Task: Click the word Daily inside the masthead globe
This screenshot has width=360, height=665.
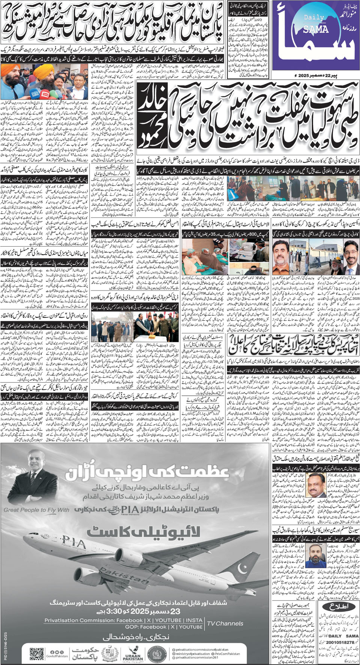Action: (x=314, y=18)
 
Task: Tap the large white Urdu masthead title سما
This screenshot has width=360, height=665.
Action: (x=319, y=41)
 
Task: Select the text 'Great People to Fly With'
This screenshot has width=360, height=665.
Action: (x=36, y=510)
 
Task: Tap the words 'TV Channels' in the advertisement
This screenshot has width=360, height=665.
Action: (x=225, y=623)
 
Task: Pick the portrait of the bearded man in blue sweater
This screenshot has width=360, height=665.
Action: (x=314, y=556)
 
